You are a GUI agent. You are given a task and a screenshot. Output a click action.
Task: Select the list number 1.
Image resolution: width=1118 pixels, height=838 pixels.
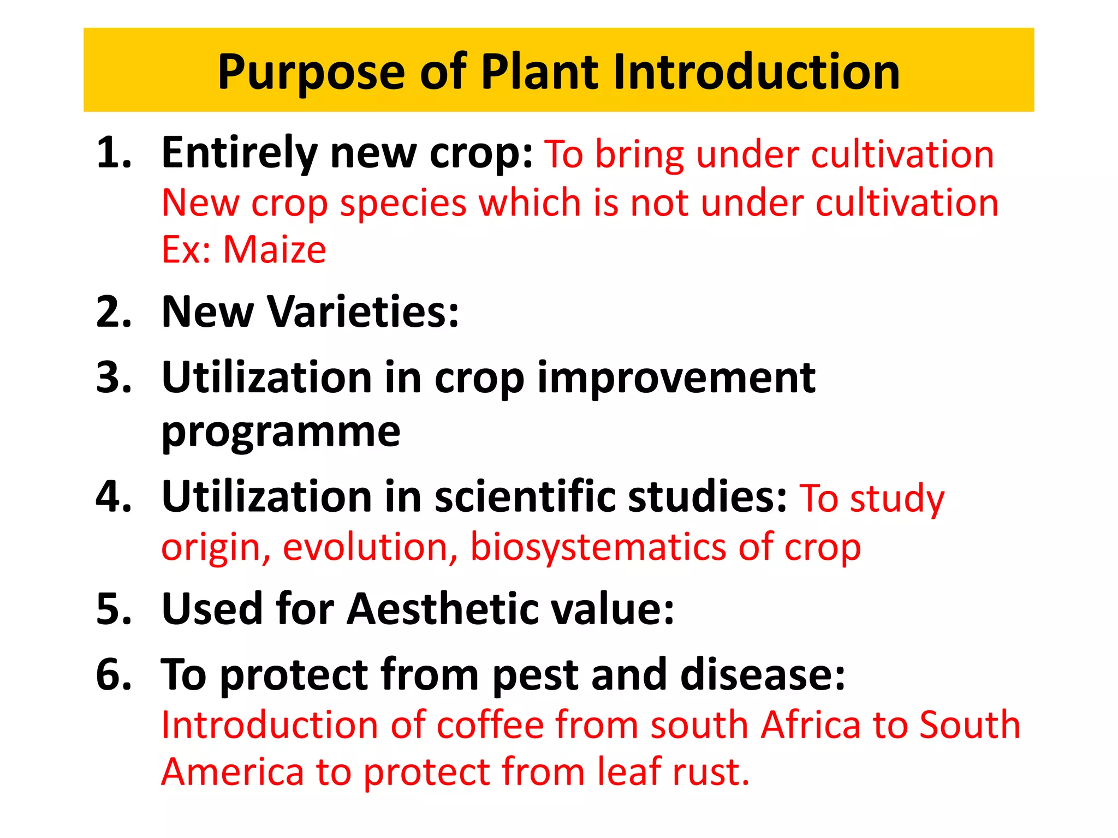pyautogui.click(x=114, y=153)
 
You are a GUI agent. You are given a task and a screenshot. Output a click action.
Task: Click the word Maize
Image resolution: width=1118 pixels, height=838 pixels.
pyautogui.click(x=275, y=250)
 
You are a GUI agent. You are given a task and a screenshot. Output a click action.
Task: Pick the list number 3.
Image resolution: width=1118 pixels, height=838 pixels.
pyautogui.click(x=114, y=378)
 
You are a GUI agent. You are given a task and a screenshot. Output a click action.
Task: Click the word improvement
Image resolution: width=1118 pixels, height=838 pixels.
pyautogui.click(x=676, y=378)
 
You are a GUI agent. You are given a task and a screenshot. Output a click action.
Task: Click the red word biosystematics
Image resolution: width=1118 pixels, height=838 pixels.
pyautogui.click(x=598, y=547)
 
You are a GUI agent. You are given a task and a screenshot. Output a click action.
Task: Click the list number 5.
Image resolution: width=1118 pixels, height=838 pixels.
pyautogui.click(x=114, y=609)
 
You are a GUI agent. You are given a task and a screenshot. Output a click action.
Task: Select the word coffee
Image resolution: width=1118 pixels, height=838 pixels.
pyautogui.click(x=490, y=726)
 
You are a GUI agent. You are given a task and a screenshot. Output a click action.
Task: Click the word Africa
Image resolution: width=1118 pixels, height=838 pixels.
pyautogui.click(x=810, y=726)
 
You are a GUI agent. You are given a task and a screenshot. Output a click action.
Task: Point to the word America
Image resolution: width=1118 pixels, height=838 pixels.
pyautogui.click(x=233, y=773)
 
